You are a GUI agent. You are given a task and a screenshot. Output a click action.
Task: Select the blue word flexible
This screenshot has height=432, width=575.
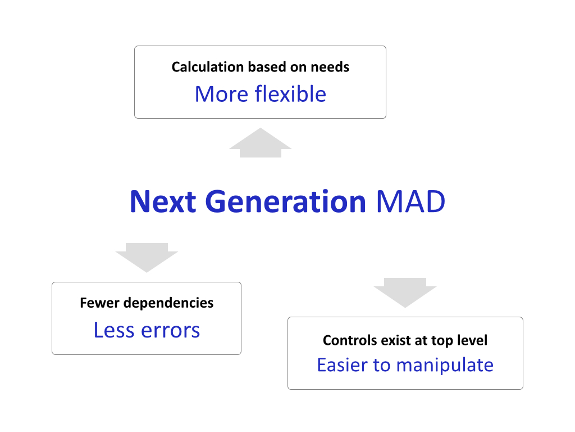290,94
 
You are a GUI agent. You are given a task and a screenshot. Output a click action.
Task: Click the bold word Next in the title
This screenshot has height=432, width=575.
163,201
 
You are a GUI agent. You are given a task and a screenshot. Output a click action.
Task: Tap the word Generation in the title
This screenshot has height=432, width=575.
286,201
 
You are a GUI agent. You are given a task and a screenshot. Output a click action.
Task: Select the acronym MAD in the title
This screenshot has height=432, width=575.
410,201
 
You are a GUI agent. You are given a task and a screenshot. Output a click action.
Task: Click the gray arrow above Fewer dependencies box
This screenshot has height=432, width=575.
147,258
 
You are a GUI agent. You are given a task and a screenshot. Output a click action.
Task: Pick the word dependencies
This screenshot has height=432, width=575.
168,303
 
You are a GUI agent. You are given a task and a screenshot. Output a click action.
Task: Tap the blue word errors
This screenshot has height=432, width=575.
171,330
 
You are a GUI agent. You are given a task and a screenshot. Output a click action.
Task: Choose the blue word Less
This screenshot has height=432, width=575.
115,330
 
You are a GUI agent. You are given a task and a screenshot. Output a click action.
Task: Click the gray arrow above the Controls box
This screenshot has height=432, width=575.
405,292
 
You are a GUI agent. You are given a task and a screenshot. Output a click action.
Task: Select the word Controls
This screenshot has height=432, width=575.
350,340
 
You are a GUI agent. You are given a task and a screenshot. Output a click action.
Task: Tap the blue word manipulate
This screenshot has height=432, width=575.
445,366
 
